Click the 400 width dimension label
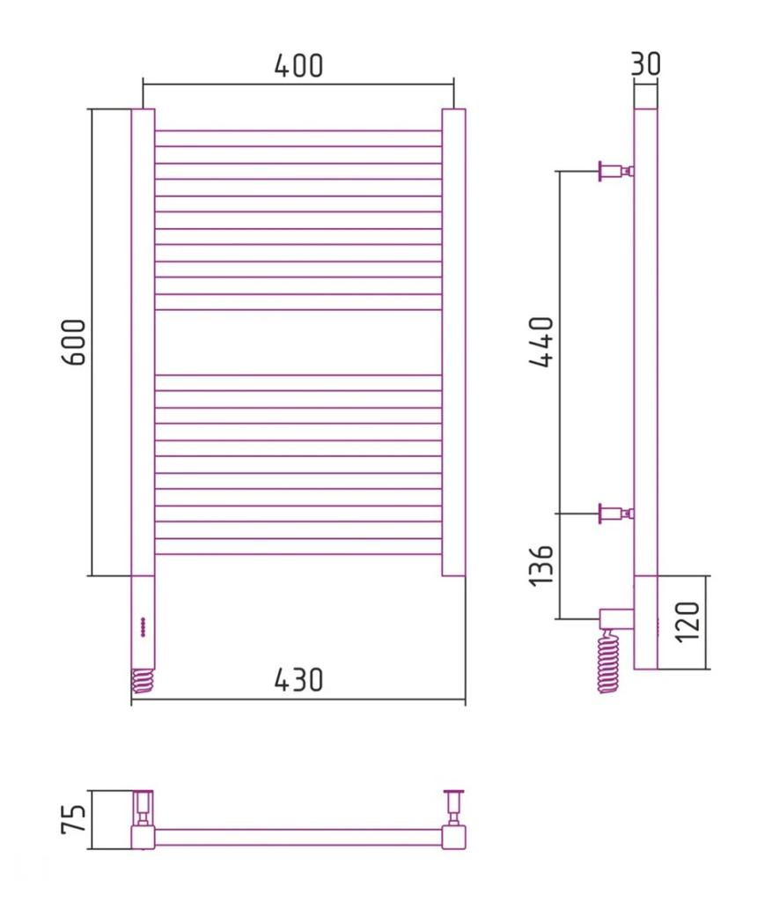point(298,65)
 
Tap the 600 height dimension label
point(74,343)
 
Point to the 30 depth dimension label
point(645,63)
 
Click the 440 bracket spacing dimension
point(540,342)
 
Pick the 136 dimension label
point(540,566)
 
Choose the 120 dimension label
point(687,622)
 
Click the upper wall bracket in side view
point(616,171)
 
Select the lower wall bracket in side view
point(616,514)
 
